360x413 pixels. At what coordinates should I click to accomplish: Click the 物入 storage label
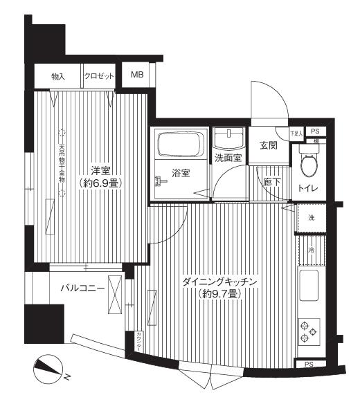point(58,75)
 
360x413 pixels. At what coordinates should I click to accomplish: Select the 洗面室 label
point(227,158)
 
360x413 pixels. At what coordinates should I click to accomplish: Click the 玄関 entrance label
point(269,146)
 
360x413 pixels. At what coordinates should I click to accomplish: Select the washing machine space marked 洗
point(311,218)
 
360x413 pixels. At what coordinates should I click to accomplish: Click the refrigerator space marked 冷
point(311,250)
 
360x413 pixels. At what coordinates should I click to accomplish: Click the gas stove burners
point(308,329)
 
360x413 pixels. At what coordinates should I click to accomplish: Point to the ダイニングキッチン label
point(220,282)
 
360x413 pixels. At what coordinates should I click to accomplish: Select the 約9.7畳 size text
point(220,295)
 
